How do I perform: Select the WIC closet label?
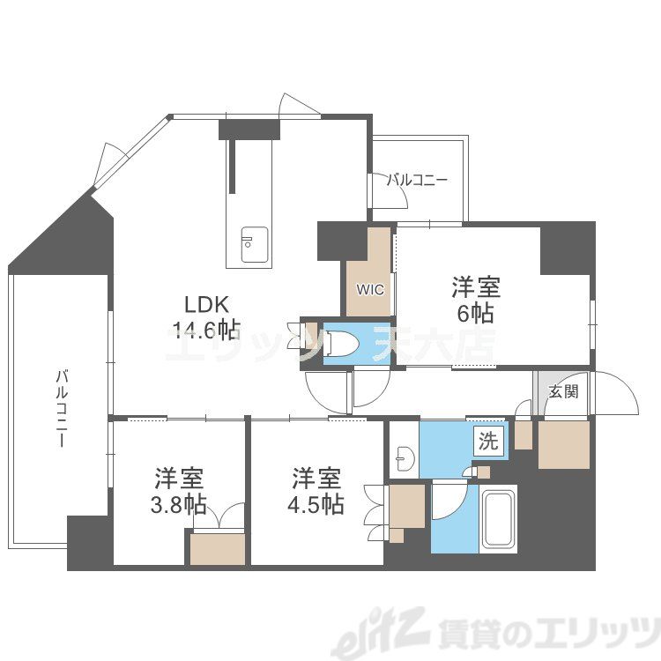coord(368,288)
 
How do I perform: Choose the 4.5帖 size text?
coord(316,505)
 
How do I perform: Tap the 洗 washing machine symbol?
coord(487,442)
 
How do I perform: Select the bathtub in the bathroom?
coord(498,520)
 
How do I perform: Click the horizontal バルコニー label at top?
coord(418,180)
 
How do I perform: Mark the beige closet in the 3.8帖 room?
coord(217,548)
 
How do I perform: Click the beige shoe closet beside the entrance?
coord(562,443)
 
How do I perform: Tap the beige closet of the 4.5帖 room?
coord(405,509)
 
